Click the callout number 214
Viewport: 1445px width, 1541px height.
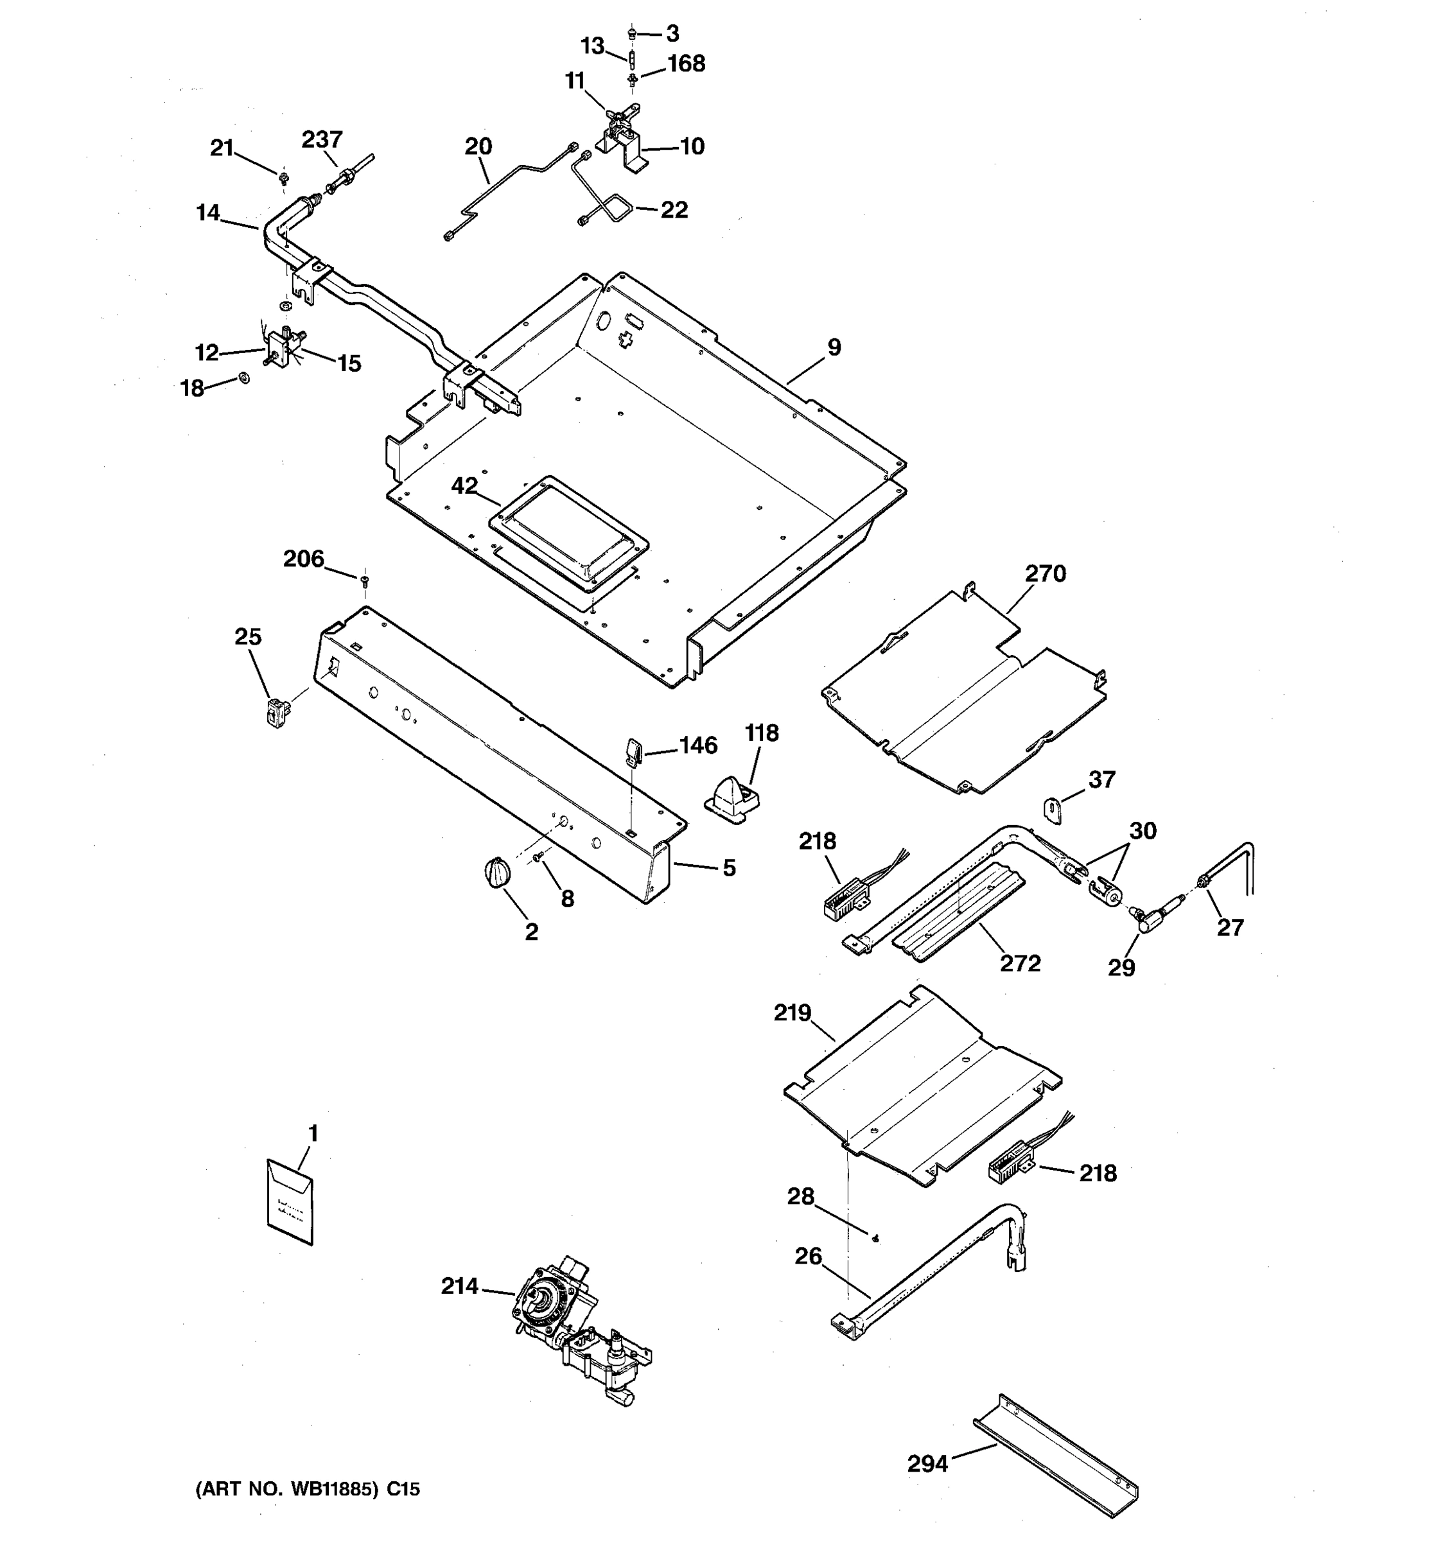(x=459, y=1286)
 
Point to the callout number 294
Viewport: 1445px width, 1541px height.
(x=927, y=1463)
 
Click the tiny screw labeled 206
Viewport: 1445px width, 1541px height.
(x=363, y=579)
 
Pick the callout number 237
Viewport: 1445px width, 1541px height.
(x=322, y=139)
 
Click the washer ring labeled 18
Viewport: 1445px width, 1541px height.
(x=244, y=378)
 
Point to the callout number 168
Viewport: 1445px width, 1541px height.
(x=685, y=64)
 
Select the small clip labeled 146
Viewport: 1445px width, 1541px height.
(x=633, y=749)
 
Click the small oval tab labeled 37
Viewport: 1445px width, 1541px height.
(x=1052, y=811)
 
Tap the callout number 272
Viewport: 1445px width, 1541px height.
(x=1019, y=962)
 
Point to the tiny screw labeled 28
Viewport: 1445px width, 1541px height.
(x=875, y=1238)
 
